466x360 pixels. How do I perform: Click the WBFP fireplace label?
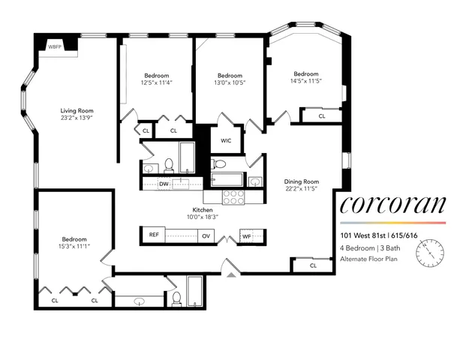tap(56, 47)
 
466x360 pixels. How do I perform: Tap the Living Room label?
tap(77, 111)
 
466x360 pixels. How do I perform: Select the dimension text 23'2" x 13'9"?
tap(77, 118)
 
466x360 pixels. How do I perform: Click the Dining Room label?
tap(301, 181)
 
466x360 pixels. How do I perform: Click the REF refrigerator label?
tap(154, 235)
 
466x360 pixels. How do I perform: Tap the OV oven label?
tap(206, 235)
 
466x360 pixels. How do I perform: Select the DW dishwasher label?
tap(164, 182)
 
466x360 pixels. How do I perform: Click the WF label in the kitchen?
tap(246, 235)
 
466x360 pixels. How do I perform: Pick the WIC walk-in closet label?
tap(226, 140)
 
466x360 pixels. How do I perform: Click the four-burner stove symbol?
tap(234, 196)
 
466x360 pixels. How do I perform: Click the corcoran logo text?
tap(392, 205)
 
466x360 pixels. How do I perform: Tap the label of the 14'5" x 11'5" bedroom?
tap(305, 74)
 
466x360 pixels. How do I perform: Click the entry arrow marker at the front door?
tap(230, 274)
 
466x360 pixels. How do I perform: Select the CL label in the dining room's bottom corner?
tap(312, 265)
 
